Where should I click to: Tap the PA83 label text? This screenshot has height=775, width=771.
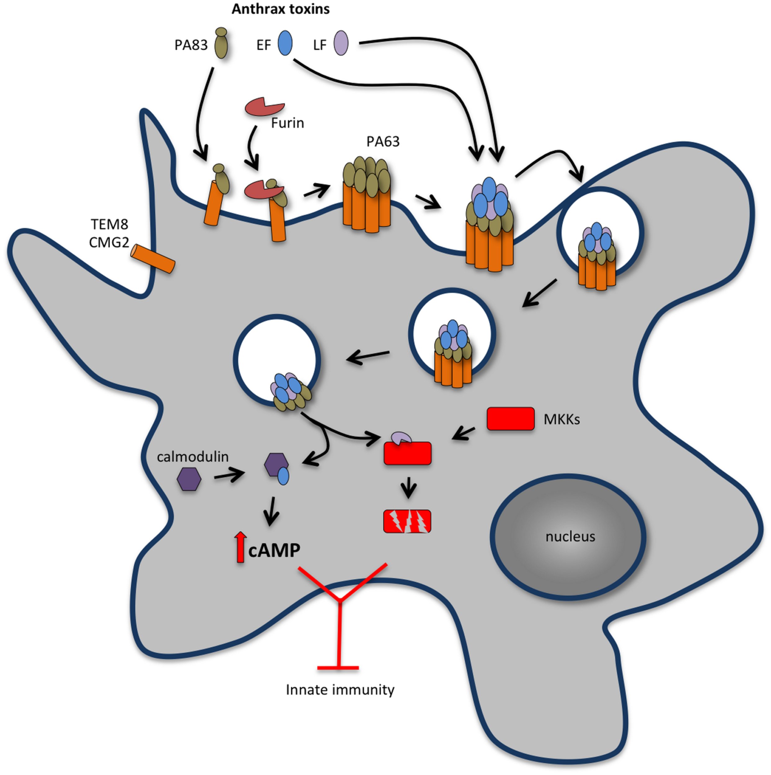tap(191, 45)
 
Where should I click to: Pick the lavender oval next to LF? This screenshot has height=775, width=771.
tap(341, 43)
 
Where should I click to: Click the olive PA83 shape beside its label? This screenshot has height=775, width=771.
tap(221, 44)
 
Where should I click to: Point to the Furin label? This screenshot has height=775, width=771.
tap(288, 123)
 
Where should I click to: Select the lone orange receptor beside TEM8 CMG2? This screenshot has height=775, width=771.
tap(154, 259)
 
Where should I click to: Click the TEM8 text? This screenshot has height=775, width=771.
tap(109, 224)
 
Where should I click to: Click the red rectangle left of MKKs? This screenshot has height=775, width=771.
tap(510, 419)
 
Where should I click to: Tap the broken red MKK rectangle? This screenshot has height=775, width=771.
tap(407, 521)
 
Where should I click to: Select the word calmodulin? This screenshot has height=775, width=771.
tap(193, 457)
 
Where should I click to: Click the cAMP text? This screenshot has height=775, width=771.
tap(274, 550)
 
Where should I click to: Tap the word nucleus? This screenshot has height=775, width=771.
tap(570, 536)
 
